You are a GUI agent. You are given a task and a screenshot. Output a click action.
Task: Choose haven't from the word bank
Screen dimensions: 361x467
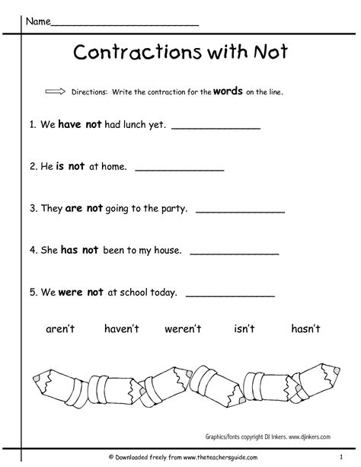point(119,328)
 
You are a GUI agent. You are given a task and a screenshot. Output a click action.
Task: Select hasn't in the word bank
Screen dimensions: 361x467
point(306,328)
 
